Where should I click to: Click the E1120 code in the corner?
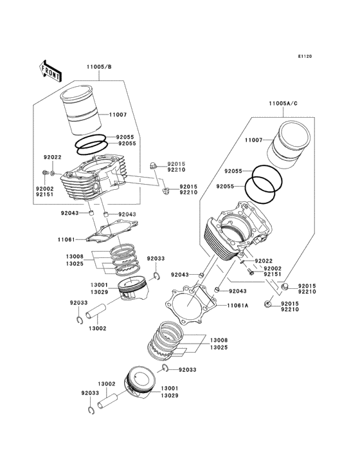coord(305,56)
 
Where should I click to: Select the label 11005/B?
coord(99,67)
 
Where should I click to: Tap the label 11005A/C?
coord(283,104)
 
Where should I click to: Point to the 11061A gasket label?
coord(238,306)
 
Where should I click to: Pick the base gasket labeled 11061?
coord(112,232)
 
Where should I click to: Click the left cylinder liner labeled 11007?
coord(81,110)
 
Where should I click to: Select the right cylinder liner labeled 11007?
coord(288,145)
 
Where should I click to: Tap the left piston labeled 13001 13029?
coord(132,289)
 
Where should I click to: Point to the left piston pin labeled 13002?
coord(96,312)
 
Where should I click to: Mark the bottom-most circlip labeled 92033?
coord(91,411)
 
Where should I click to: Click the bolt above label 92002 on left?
coord(45,172)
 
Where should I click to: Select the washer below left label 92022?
coord(53,173)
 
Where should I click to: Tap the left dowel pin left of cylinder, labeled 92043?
coord(90,213)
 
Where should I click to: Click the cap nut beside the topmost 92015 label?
coord(153,165)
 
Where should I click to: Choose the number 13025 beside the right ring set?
coord(219,347)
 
